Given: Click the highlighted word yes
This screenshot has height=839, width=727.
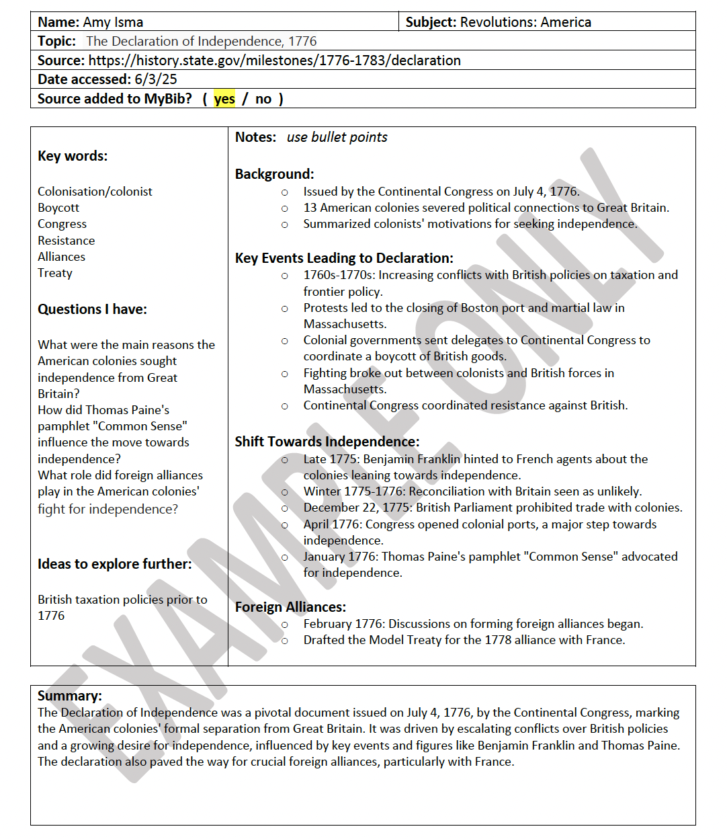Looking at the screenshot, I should [x=224, y=99].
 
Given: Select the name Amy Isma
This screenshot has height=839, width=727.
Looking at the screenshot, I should [x=113, y=22].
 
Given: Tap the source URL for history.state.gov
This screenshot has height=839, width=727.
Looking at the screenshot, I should [x=274, y=61].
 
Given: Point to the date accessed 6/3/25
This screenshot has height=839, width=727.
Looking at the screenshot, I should [x=156, y=79].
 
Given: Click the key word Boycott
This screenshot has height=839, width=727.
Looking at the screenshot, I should [x=58, y=208].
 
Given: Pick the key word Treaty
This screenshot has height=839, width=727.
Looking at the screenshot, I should [x=55, y=273].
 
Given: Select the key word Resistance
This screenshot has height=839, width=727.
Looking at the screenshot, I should [x=67, y=241].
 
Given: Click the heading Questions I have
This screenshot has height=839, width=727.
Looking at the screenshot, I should [x=92, y=309].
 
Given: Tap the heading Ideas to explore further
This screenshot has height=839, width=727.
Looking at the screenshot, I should [x=114, y=564].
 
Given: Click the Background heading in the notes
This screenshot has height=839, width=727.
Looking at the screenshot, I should [x=274, y=174].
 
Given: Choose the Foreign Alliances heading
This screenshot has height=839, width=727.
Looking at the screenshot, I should [x=290, y=607].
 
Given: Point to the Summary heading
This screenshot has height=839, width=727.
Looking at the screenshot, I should [x=70, y=696].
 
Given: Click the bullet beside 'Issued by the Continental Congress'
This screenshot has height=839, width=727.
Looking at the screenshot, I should [x=285, y=192].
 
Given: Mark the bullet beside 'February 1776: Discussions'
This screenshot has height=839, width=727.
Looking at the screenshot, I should [x=285, y=625].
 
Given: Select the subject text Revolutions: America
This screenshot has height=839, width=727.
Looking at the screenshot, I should [x=525, y=22].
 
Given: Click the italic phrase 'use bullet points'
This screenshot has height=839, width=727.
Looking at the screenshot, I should [x=337, y=137].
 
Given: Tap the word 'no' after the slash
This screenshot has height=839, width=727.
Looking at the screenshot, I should [x=263, y=99].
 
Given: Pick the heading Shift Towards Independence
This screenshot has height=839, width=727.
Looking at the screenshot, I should [x=327, y=442].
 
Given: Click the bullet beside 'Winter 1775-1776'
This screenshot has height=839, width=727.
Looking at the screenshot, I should [x=285, y=492].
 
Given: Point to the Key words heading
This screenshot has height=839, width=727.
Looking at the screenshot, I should [x=73, y=156].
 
